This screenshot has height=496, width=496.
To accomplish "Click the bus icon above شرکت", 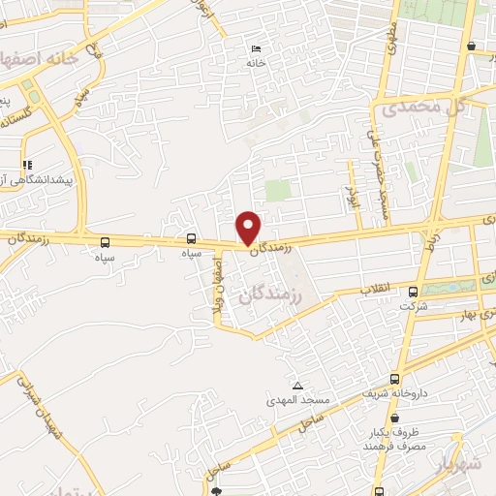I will coord(414,291).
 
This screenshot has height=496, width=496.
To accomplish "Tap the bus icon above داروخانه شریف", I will coord(394,379).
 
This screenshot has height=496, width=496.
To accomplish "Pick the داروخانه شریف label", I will coord(394,394).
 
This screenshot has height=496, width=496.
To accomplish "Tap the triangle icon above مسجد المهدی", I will coord(296,385).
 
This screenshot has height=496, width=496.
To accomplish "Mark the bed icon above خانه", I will coord(255,49).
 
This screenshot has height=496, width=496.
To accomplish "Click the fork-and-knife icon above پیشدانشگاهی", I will coord(28,164).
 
